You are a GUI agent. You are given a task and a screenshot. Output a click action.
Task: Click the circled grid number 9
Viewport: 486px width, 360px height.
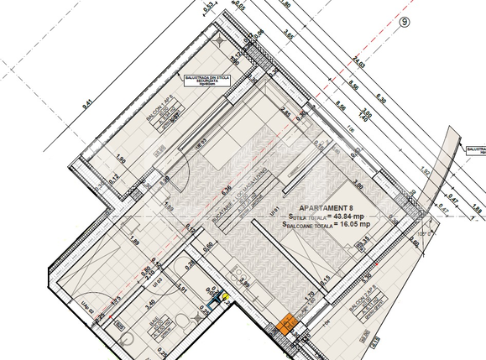pos(405,23)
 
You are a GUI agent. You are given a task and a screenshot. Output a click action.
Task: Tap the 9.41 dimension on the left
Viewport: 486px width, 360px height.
pos(86,105)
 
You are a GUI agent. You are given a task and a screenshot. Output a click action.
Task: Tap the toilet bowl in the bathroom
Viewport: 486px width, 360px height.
pos(125,337)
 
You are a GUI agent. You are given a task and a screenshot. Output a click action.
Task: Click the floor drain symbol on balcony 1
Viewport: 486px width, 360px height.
pos(218,39)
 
